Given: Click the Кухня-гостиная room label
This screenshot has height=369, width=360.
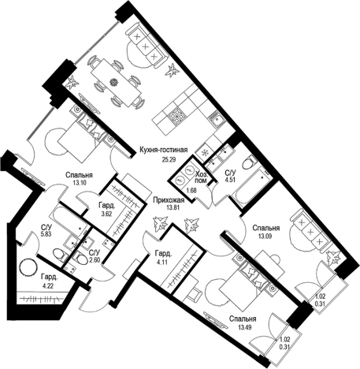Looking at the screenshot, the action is pos(164,150).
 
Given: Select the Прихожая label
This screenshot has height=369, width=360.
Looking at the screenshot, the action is pos(169,200).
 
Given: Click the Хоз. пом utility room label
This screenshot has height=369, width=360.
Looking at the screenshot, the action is pos(202,177).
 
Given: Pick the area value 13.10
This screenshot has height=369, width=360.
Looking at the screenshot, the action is pos(76,183).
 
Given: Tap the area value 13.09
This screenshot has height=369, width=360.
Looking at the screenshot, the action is pos(265,236).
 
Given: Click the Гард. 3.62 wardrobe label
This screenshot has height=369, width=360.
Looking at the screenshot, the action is pos(106,209).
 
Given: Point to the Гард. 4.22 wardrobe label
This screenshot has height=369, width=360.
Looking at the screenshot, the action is pos(50,281).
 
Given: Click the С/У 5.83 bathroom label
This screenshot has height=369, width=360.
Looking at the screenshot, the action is pos(48,230).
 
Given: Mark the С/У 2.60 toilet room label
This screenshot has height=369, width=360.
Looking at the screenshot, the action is pos(95,256).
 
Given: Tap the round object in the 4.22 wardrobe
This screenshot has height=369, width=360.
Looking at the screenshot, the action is pos(28,268).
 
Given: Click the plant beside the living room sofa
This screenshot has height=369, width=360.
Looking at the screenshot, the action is pos(173,70).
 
